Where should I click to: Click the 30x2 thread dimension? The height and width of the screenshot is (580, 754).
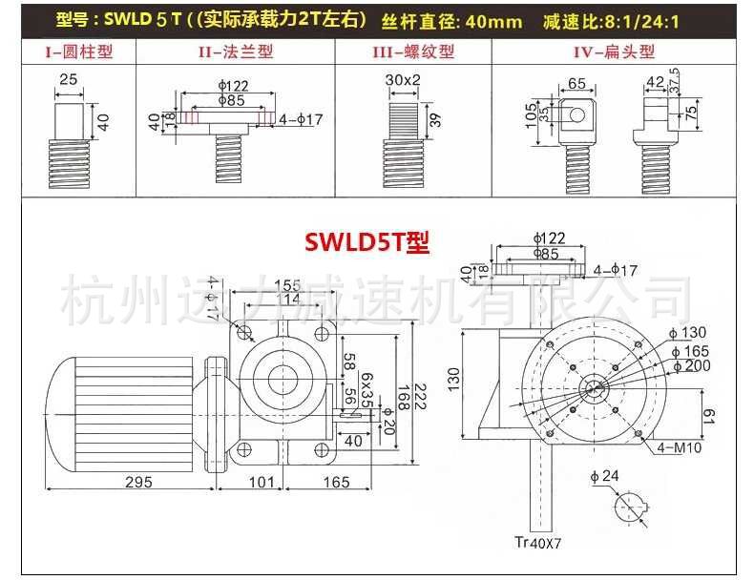[x=404, y=79]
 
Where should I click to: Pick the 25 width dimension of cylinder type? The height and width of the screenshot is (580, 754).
[x=67, y=79]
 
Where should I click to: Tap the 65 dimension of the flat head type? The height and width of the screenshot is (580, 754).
[x=576, y=84]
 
